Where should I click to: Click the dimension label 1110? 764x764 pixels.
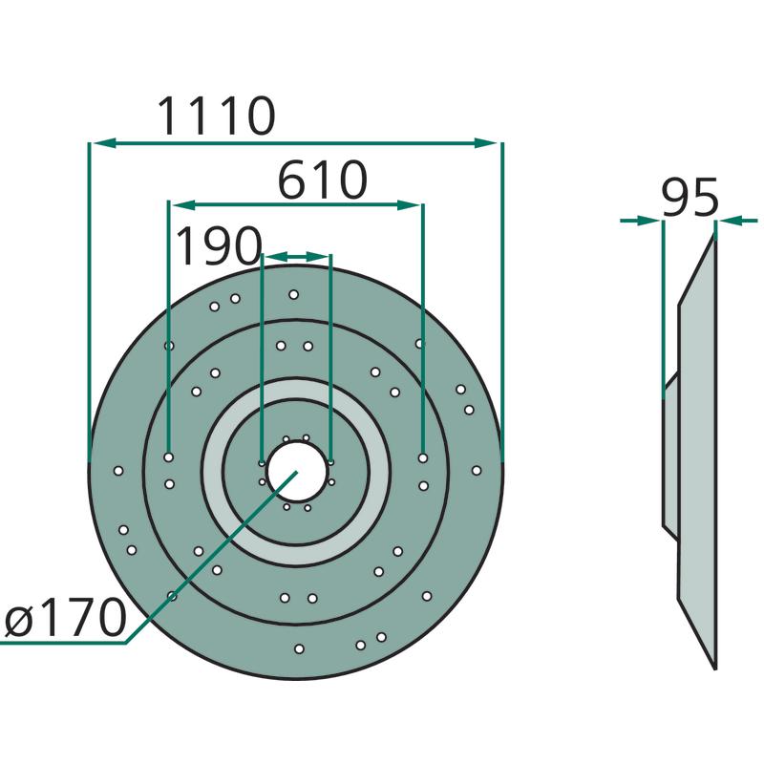click(x=217, y=116)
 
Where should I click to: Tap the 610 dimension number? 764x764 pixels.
click(x=322, y=180)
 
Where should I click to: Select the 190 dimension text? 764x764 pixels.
click(x=219, y=245)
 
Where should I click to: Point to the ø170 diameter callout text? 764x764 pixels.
click(x=66, y=618)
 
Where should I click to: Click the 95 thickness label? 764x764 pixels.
click(x=690, y=198)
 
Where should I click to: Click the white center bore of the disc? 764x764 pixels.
click(x=296, y=471)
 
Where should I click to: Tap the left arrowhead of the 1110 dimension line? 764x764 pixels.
click(x=104, y=142)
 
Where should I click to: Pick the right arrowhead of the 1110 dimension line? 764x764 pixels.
click(x=486, y=142)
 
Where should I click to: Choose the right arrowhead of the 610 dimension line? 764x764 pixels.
click(x=409, y=205)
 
